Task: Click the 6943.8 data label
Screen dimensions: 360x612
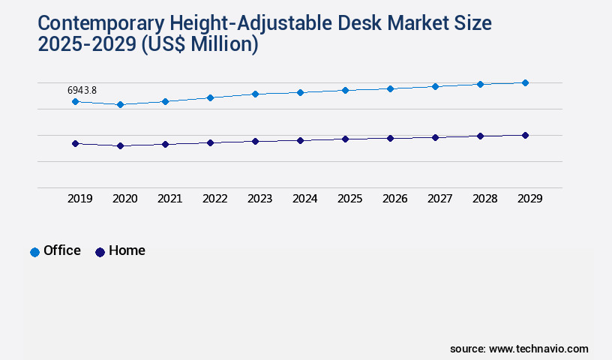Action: (82, 91)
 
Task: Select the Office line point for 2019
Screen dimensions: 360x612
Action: (75, 101)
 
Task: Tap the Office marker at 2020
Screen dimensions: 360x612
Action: (120, 104)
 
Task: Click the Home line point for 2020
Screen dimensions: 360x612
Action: (120, 145)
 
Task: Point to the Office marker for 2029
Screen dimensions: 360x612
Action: (525, 82)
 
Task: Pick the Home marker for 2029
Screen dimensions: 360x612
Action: (525, 135)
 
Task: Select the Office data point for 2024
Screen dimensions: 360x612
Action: (300, 92)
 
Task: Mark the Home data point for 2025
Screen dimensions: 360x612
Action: (345, 139)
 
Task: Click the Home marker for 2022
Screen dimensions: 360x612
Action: (210, 142)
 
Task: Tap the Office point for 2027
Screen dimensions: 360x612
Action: (435, 86)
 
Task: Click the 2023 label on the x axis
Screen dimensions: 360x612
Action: (259, 199)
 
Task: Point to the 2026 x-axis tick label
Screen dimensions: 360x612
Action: (394, 199)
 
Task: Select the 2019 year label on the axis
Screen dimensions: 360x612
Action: (79, 199)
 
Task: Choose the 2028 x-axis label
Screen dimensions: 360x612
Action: (484, 199)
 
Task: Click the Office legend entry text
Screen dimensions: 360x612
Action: (62, 250)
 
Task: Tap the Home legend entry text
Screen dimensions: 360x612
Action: (127, 250)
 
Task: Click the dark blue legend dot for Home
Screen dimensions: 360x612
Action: (100, 252)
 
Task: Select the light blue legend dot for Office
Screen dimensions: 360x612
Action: (34, 252)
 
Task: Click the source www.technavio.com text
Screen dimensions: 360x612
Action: (519, 349)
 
